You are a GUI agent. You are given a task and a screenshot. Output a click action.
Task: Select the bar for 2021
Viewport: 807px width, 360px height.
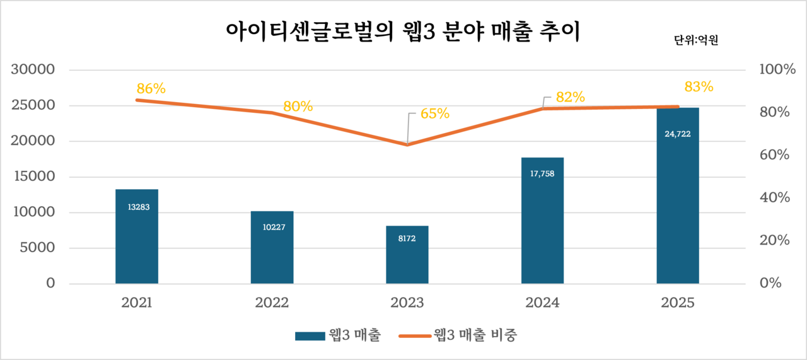point(137,236)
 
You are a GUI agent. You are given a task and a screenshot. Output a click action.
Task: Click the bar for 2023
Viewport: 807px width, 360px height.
point(407,255)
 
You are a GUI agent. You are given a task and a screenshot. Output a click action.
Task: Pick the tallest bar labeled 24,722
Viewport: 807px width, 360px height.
point(678,195)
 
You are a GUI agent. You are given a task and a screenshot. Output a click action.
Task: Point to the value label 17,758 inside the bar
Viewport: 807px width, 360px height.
point(542,173)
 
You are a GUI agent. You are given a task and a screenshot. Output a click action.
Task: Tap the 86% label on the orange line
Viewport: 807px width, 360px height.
point(150,88)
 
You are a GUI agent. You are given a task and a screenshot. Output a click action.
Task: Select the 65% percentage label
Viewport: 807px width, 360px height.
point(434,113)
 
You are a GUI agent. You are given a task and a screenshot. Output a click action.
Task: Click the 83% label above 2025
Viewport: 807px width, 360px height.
point(699,86)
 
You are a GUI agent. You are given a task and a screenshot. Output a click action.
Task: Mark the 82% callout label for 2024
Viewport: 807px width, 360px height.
point(571,97)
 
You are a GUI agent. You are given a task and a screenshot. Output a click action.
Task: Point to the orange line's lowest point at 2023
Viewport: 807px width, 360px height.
point(407,144)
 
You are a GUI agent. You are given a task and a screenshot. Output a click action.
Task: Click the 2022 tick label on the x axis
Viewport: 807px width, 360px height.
point(272,303)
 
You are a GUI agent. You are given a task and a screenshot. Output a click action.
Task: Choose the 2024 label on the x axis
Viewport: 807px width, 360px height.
point(542,303)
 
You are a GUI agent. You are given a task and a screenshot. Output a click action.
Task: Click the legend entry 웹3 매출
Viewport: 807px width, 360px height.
point(337,335)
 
